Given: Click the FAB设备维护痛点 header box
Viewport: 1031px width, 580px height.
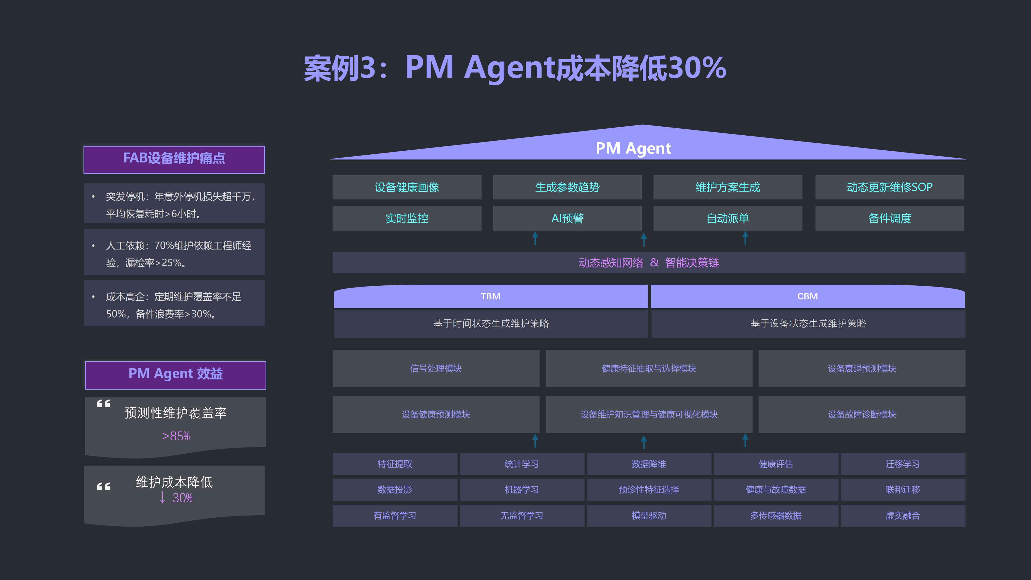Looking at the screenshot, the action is [174, 160].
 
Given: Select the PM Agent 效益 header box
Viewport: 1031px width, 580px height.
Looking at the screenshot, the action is [175, 375].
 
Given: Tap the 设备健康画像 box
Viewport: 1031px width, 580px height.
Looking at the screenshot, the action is [407, 187].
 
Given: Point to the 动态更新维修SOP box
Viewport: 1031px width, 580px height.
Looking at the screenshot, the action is [890, 187].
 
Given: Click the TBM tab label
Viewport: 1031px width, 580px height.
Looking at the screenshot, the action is [491, 296].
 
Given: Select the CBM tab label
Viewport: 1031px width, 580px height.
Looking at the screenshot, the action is [808, 296].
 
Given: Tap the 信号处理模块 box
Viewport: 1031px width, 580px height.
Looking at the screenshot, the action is [436, 368].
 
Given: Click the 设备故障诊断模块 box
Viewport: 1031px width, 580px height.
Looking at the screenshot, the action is [862, 414].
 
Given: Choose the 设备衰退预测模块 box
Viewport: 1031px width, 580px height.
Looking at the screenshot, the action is [862, 368].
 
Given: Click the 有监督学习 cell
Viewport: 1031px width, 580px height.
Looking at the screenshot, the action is [395, 516].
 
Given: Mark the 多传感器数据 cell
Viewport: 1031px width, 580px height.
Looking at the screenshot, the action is [776, 516].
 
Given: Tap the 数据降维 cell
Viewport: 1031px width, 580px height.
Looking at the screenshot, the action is [649, 464].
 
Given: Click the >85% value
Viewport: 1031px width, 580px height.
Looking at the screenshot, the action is [176, 436].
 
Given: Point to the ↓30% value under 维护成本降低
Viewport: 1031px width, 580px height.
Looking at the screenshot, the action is [176, 498].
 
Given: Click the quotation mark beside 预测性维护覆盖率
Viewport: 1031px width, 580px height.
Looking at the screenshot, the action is [103, 404].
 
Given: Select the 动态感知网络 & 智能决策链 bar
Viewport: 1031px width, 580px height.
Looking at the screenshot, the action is [649, 263].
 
